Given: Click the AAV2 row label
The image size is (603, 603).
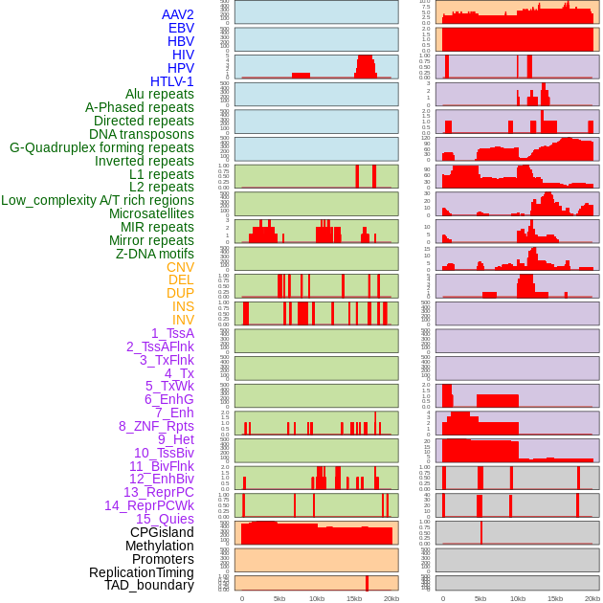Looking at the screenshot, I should pos(177,14).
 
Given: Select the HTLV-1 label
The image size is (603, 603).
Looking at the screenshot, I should pos(171,81).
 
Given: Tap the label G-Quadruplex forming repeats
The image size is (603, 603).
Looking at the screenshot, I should pos(101,147).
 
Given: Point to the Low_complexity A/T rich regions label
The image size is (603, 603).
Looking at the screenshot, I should pos(98,200).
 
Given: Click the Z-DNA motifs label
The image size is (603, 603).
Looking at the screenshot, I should pos(154,254).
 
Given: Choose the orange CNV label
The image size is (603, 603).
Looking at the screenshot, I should pos(180,267).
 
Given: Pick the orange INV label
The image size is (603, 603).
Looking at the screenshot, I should pos(183,320).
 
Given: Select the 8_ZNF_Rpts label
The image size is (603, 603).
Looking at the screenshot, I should pos(156,426).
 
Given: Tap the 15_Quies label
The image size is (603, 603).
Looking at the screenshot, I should pos(164,519).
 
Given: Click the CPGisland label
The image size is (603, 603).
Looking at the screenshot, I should pos(162,532).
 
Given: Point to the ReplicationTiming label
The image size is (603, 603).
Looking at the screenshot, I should pos(141,572).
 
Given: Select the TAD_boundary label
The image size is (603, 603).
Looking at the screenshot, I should pos(148,585).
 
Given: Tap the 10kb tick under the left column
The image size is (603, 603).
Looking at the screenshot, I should pos(316,598).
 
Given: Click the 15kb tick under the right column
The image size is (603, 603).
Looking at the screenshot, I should pos(554,598).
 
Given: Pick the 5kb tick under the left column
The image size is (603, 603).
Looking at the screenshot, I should pos(279,598).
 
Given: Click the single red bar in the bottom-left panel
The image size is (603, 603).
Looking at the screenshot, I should pos(367,583).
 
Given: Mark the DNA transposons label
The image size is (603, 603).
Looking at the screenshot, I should pos(142,134).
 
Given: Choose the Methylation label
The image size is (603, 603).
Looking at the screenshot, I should pos(160,546).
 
